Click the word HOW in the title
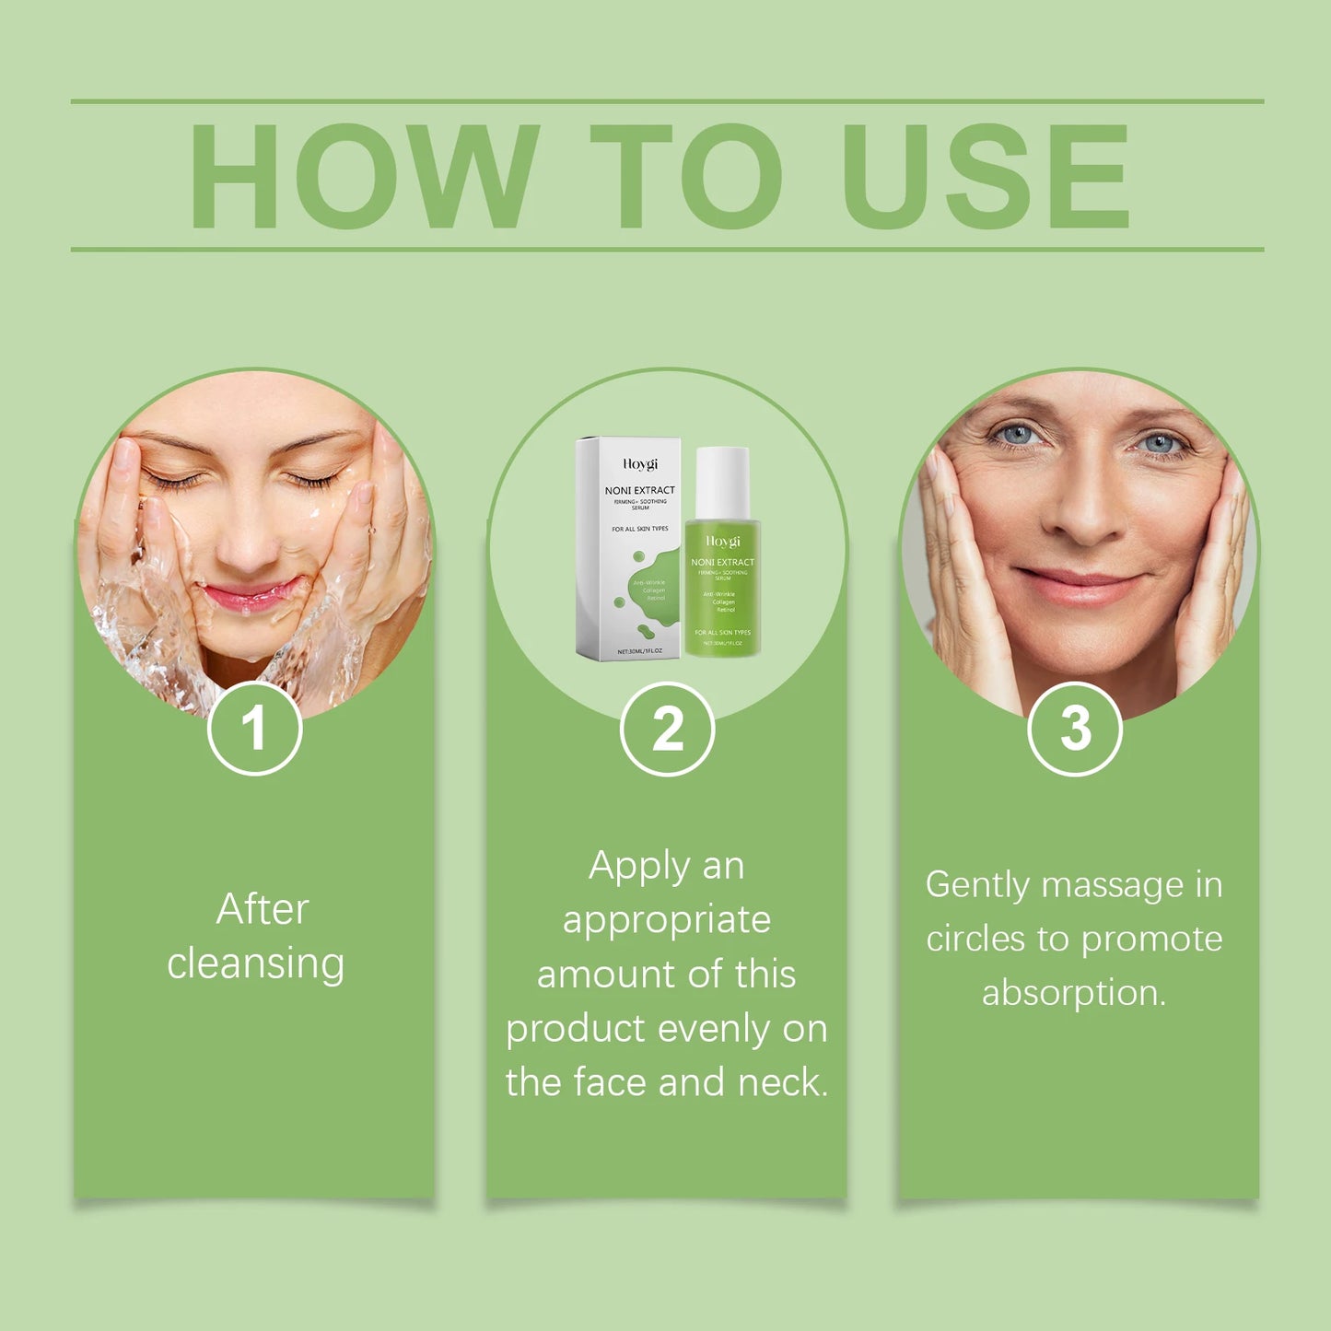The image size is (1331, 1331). pyautogui.click(x=363, y=175)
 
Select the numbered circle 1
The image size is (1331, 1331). pyautogui.click(x=254, y=729)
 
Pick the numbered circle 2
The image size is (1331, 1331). pyautogui.click(x=667, y=729)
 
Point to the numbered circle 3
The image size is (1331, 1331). pyautogui.click(x=1074, y=729)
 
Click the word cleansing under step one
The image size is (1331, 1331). pyautogui.click(x=256, y=963)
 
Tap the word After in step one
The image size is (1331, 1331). pyautogui.click(x=263, y=909)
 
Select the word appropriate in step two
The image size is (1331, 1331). pyautogui.click(x=667, y=920)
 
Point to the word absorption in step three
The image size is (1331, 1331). pyautogui.click(x=1073, y=993)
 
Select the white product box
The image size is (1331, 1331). pyautogui.click(x=629, y=548)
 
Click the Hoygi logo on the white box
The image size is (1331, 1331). pyautogui.click(x=640, y=464)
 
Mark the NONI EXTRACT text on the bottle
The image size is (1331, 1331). pyautogui.click(x=722, y=562)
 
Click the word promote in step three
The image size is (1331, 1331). pyautogui.click(x=1151, y=940)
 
